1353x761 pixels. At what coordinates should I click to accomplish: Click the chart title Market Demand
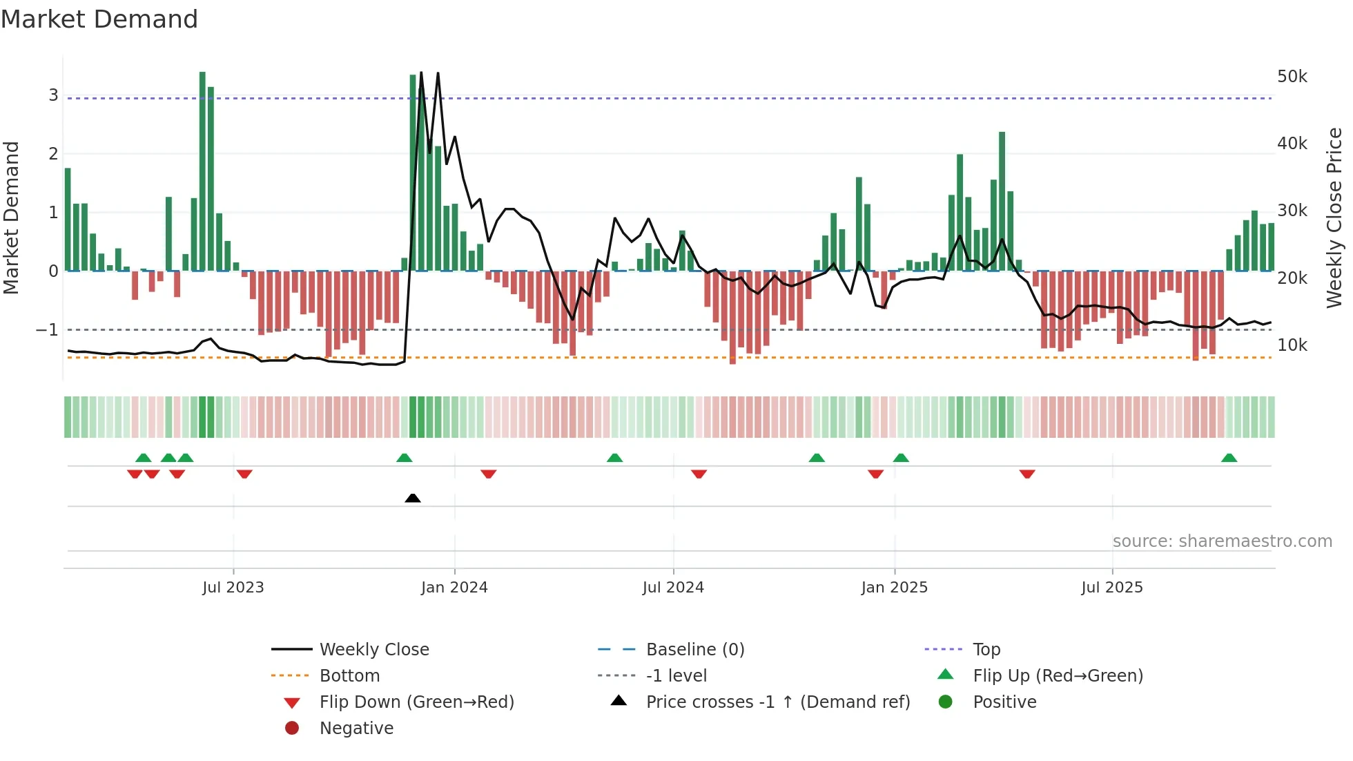pos(99,19)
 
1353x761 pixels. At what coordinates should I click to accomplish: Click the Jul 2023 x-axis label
pos(233,588)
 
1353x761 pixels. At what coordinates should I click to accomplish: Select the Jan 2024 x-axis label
pos(454,588)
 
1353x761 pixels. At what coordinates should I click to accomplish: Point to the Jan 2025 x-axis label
pos(895,588)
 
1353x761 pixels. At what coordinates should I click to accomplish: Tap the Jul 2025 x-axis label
pos(1112,588)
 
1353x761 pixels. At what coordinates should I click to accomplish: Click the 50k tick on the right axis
pos(1292,77)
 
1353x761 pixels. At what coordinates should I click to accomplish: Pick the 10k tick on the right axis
pos(1292,345)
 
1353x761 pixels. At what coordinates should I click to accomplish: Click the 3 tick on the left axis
pos(53,95)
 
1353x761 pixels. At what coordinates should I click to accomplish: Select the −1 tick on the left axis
pos(48,330)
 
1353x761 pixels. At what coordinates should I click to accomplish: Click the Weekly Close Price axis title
pos(1335,218)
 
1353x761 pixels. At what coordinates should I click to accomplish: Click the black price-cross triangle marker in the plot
pos(413,498)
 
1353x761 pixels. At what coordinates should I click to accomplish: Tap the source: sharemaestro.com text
pos(1222,541)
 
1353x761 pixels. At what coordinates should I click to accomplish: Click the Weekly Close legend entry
pos(374,650)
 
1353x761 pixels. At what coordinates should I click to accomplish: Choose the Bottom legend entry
pos(349,676)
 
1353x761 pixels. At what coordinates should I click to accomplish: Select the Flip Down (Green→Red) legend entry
pos(416,702)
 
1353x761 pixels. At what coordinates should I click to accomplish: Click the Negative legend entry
pos(356,729)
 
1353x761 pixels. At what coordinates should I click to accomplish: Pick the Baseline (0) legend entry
pos(695,650)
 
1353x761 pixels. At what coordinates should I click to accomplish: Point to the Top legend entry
pos(986,650)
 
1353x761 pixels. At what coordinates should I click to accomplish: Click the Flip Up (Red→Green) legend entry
pos(1058,676)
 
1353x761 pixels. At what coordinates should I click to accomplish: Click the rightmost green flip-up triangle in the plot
pos(1229,458)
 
